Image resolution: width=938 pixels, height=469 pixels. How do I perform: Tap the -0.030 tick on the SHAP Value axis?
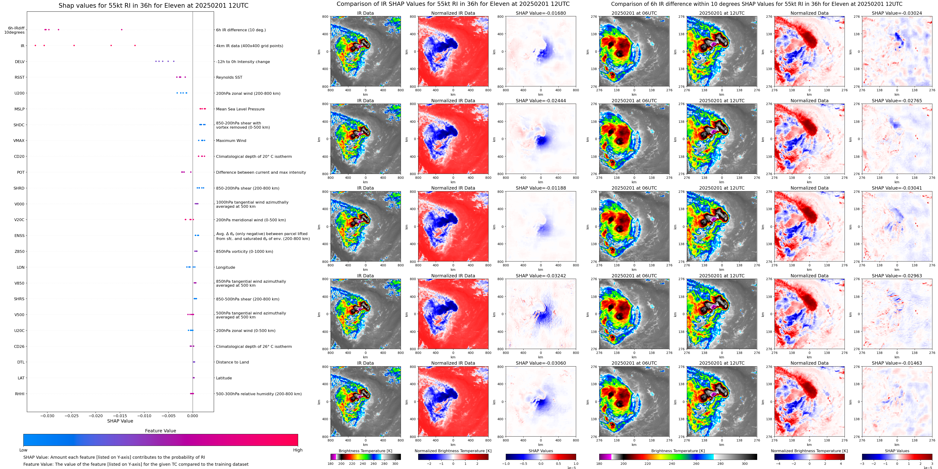pos(47,416)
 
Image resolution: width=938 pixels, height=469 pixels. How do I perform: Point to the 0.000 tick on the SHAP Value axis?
pos(193,416)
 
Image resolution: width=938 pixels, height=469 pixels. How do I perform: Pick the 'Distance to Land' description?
pos(232,362)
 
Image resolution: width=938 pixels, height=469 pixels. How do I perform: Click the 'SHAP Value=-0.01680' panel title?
pos(541,13)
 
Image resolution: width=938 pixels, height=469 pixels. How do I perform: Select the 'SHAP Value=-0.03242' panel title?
pos(541,276)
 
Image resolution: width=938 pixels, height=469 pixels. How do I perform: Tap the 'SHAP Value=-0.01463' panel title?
pos(897,363)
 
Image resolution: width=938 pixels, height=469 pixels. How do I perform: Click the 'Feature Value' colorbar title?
pos(160,431)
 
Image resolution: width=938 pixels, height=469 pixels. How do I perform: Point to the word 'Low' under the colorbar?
pos(23,450)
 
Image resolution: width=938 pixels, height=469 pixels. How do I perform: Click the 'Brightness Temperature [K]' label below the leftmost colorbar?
pos(365,451)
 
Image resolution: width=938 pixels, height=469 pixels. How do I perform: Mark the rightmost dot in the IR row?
pos(135,46)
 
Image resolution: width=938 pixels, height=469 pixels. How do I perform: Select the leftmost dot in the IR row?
pos(35,46)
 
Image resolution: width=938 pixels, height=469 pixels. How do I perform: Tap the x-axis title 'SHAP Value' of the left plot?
pos(120,421)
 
